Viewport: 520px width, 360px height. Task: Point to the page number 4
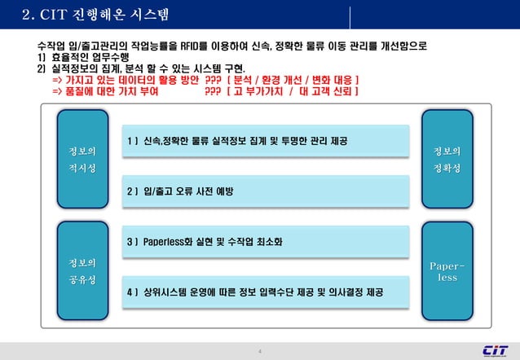point(259,351)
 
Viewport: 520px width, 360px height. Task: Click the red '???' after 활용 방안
point(213,81)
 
